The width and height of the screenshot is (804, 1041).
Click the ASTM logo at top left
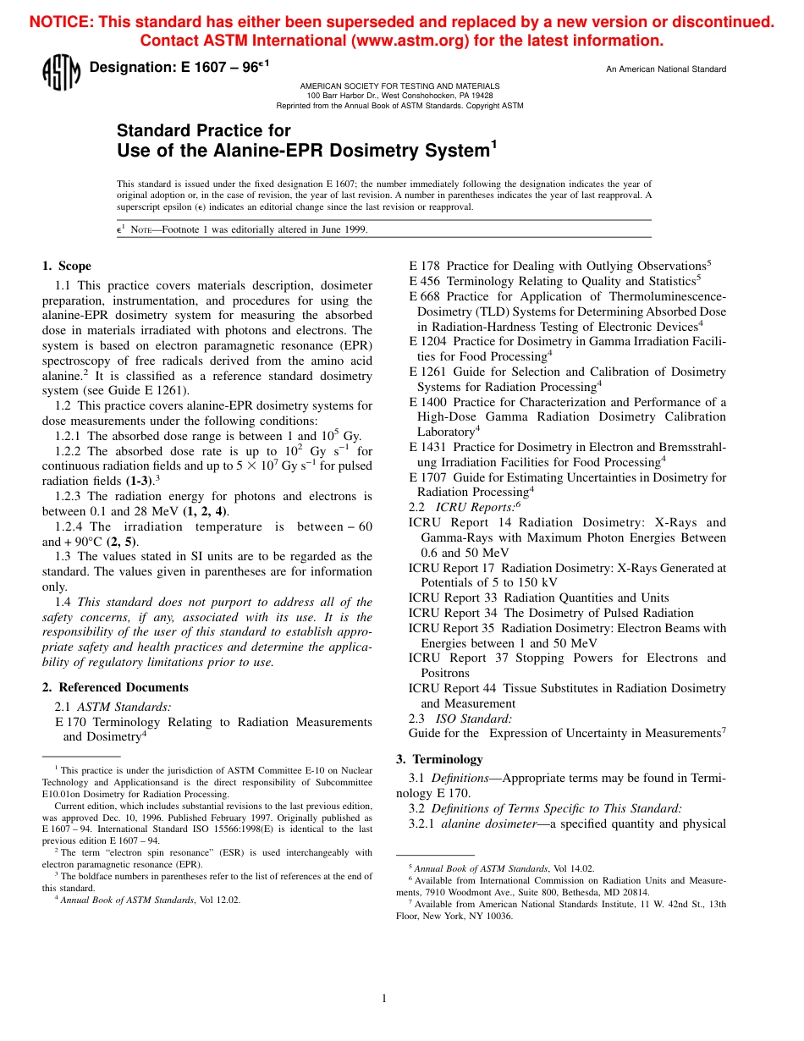coord(61,73)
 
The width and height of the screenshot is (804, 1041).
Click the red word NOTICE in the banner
coord(62,22)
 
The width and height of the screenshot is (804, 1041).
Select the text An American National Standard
coord(666,69)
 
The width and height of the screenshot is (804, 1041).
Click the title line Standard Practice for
coord(203,130)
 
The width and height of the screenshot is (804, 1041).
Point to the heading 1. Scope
coord(67,266)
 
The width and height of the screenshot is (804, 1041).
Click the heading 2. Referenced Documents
coord(115,687)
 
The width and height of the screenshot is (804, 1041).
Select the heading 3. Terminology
coord(439,759)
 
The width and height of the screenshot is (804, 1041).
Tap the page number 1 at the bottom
coord(384,999)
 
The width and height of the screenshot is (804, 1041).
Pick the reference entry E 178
coord(425,267)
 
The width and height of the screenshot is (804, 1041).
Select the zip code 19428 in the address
coord(481,96)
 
